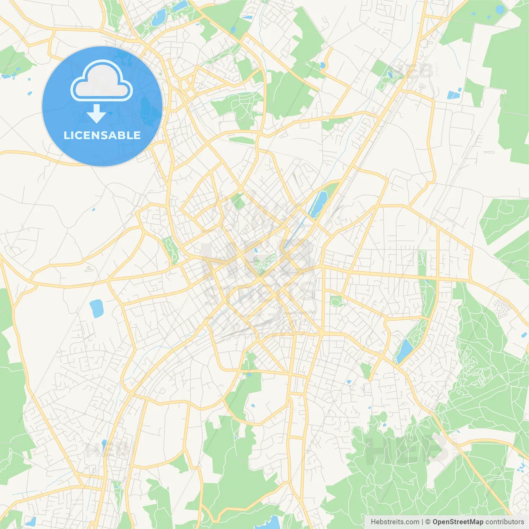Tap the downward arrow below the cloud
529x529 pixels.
96,114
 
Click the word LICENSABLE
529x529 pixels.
102,135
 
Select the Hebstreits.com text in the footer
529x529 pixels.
395,522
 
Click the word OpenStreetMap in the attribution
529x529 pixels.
458,522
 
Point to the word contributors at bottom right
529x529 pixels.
505,522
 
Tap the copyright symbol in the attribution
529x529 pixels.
428,522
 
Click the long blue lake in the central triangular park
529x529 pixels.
317,204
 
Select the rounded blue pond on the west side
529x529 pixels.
97,308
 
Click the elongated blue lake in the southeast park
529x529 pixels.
404,350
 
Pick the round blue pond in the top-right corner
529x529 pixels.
500,10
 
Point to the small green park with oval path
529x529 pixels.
336,301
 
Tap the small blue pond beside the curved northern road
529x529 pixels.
322,65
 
